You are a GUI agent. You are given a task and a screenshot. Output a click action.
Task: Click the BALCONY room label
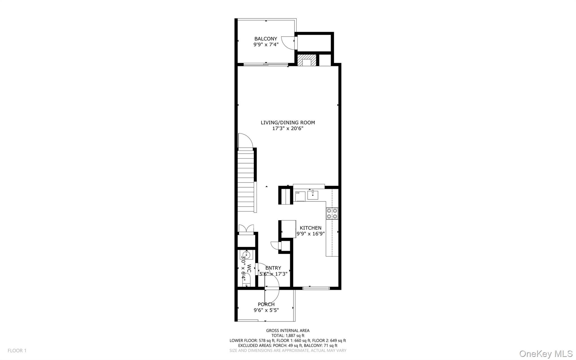[265, 39]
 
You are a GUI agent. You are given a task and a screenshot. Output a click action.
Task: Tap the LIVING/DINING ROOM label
[288, 122]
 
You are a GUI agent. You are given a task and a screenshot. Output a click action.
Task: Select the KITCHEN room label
[310, 228]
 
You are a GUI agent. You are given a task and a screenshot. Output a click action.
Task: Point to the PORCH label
[266, 304]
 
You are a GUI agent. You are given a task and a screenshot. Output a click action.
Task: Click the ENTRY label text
[273, 268]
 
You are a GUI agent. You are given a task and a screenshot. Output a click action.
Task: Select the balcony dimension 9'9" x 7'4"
[266, 44]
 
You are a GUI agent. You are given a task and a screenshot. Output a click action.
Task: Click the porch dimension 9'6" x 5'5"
[266, 310]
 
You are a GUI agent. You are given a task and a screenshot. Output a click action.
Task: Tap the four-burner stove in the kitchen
[332, 213]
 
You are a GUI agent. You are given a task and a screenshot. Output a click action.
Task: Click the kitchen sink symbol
[313, 194]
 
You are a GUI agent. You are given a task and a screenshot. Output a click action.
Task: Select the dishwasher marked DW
[300, 196]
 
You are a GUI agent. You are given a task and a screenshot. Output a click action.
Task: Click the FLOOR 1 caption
[17, 351]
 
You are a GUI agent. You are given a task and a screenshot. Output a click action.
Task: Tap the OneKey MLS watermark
[546, 354]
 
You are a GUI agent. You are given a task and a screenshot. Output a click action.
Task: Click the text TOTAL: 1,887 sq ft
[288, 336]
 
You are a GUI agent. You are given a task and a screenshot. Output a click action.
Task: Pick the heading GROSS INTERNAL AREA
[288, 330]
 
